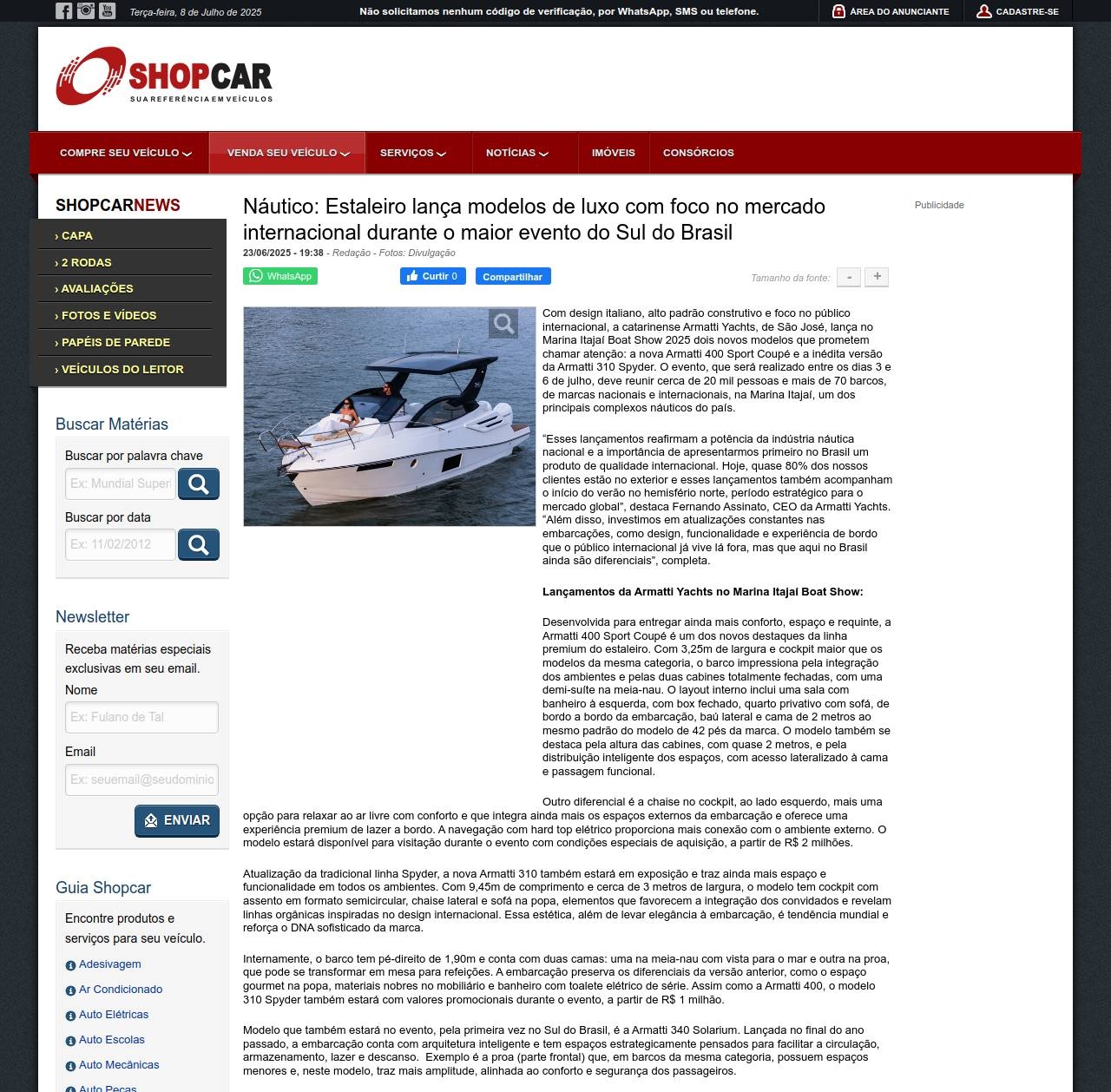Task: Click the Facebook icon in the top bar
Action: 63,11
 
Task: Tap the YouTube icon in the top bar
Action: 107,11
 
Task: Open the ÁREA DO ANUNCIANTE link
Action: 891,12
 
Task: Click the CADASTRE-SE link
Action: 1017,12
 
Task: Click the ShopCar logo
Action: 164,76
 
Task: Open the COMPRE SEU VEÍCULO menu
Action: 125,153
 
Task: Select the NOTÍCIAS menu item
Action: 516,153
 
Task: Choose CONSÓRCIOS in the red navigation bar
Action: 698,153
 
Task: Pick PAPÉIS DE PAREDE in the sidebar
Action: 115,342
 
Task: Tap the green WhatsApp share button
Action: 280,276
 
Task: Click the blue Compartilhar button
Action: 512,276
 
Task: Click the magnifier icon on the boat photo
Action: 503,324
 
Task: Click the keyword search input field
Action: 121,484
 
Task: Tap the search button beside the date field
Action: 198,545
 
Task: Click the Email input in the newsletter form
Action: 141,780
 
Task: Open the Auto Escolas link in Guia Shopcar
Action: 111,1040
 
